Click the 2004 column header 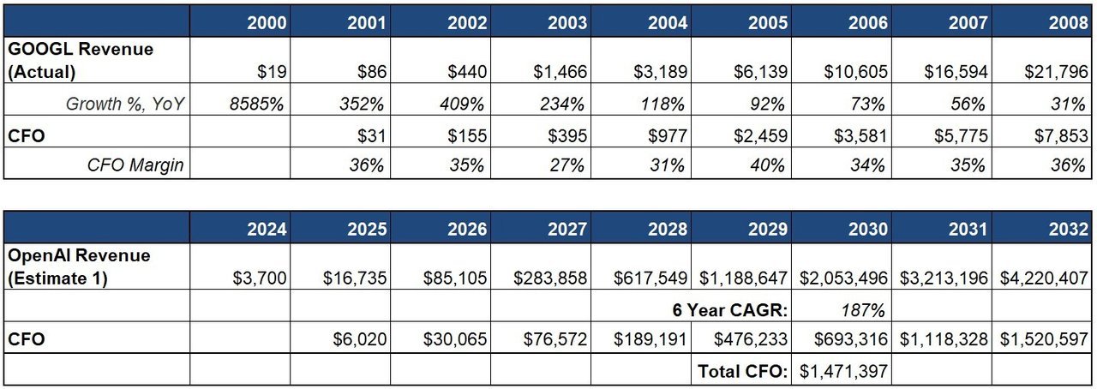click(x=668, y=23)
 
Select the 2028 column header click(x=668, y=229)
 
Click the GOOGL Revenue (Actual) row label click(x=81, y=61)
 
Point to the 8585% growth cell click(x=255, y=105)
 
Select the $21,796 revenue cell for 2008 click(x=1057, y=72)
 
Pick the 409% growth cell click(x=466, y=105)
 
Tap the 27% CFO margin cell click(x=566, y=165)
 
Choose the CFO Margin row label click(x=135, y=165)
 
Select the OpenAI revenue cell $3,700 click(x=259, y=278)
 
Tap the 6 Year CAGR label click(x=729, y=309)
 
